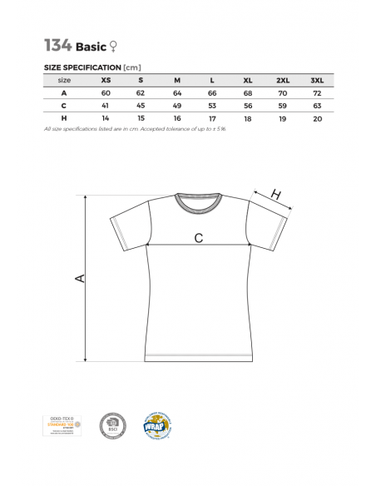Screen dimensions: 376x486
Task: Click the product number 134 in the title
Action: click(x=57, y=45)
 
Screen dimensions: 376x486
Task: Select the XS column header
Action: click(x=105, y=80)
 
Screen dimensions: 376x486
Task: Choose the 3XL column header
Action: click(x=316, y=80)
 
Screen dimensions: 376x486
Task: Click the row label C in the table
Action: click(x=64, y=106)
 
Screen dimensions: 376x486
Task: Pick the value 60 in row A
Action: click(x=105, y=92)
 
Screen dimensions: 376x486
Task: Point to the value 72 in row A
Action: click(x=316, y=92)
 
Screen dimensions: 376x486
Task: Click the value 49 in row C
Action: click(x=176, y=106)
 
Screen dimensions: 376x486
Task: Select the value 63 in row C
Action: click(x=316, y=106)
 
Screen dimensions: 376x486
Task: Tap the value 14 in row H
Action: click(x=105, y=119)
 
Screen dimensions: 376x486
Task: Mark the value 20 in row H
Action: click(x=316, y=119)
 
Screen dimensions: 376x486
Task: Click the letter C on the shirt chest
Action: click(x=198, y=238)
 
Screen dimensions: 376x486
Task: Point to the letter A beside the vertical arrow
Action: click(x=80, y=277)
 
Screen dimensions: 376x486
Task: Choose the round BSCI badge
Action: click(x=111, y=425)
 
